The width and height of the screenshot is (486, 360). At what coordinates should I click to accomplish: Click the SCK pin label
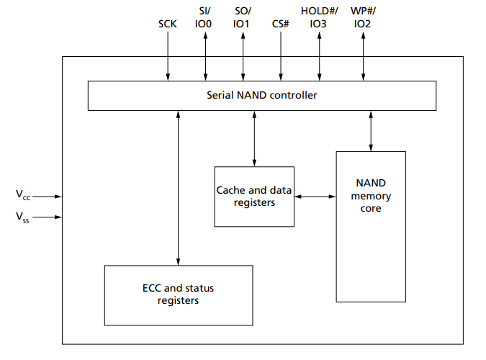coord(168,24)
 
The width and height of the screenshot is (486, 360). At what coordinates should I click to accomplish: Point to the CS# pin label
coord(281,24)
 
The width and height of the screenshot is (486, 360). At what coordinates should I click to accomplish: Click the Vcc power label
coord(23,195)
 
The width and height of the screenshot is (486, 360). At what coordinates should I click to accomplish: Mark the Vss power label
coord(23,215)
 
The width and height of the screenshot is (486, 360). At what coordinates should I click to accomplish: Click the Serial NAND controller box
coord(261,95)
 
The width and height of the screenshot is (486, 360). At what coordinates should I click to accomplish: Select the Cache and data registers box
coord(254,197)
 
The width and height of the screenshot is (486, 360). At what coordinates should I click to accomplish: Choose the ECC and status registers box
coord(178,294)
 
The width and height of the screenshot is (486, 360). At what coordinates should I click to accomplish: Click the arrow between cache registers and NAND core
coord(315,196)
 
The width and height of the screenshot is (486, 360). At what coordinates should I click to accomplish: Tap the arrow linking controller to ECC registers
coord(178,187)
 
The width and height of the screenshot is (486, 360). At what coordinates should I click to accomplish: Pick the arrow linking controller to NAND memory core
coord(371,130)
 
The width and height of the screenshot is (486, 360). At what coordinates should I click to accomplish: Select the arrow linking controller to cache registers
coord(254,138)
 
